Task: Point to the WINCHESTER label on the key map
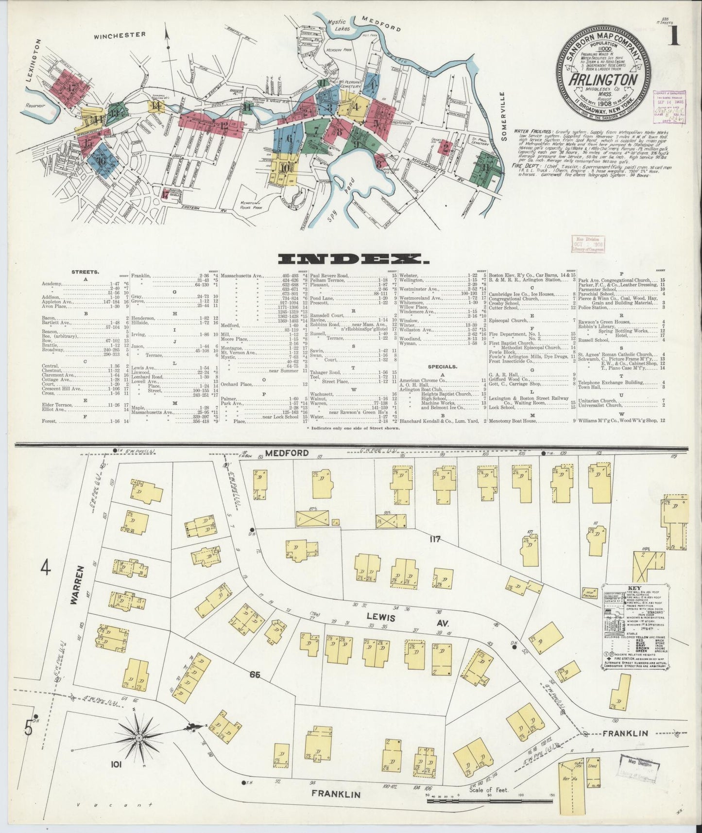120,35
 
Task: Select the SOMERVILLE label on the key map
505,117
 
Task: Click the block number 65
257,674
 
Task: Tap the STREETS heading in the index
85,272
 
